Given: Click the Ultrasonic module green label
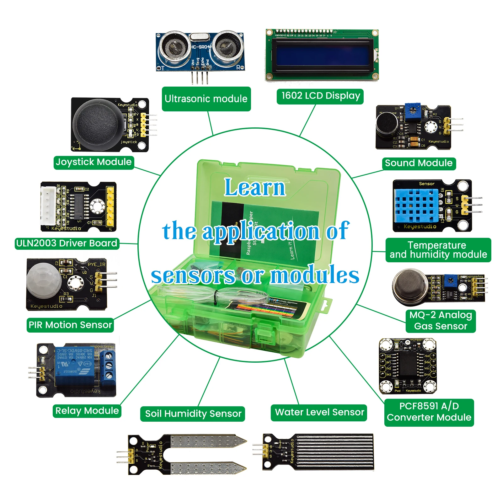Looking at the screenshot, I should point(206,99).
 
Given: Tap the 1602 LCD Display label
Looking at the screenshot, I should point(320,96).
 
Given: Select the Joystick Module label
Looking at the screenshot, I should point(93,162).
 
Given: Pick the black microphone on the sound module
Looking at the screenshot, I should point(387,125).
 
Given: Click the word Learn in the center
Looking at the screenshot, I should point(255,187).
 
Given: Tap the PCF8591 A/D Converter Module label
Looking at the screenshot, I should point(429,412).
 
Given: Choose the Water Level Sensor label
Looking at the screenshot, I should point(319,412).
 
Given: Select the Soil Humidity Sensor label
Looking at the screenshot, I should point(193,414).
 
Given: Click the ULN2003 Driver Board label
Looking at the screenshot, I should point(67,243).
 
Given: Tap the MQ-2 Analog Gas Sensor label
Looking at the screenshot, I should point(441,320).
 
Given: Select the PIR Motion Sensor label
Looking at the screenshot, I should point(70,325).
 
